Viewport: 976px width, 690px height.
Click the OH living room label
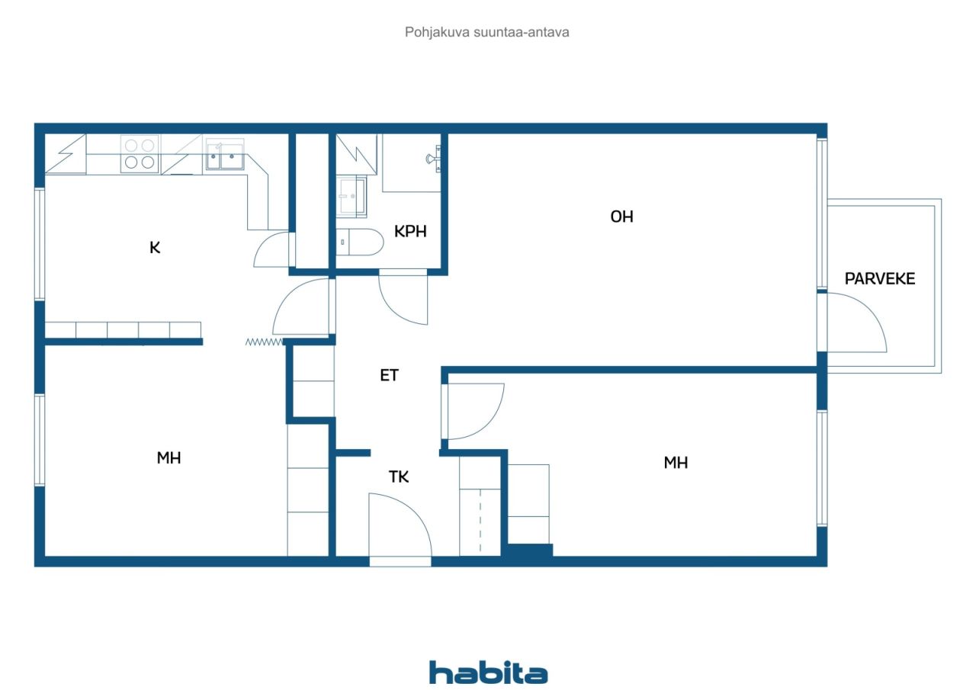[621, 217]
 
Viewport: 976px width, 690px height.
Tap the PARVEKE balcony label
[879, 279]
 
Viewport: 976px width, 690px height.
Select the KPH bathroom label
[410, 231]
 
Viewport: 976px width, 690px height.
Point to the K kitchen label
[155, 248]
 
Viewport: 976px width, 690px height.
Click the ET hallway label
[389, 375]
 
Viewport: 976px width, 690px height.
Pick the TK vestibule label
[398, 477]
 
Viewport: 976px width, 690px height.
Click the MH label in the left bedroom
[169, 457]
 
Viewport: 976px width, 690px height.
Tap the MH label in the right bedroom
[676, 463]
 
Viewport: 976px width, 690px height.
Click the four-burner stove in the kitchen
[140, 154]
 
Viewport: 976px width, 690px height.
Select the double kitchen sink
[225, 154]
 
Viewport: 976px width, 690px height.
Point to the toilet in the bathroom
[360, 242]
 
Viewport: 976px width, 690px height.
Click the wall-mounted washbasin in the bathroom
[434, 159]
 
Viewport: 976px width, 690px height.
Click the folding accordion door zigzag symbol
[264, 342]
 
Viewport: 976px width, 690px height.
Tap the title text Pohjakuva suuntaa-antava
[486, 32]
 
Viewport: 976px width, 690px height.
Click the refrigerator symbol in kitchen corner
[66, 154]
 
